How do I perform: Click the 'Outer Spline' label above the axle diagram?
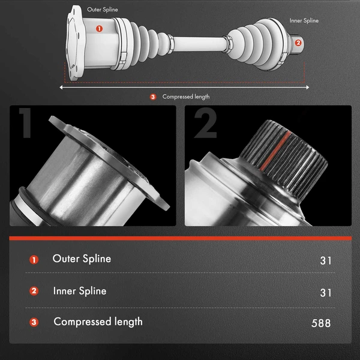coord(103,10)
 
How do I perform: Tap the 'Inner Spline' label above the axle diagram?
coord(304,20)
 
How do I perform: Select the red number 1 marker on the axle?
coord(99,29)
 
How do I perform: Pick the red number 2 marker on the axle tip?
coord(298,43)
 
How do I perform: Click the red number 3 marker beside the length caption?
coord(153,97)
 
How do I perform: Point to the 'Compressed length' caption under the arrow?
coord(186,97)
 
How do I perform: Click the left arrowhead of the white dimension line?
coord(61,87)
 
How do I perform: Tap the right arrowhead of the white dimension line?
coord(307,87)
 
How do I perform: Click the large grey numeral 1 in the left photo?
coord(26,123)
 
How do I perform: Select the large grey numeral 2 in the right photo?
coord(205,123)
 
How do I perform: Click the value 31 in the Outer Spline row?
coord(326,260)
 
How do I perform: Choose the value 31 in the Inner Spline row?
coord(326,293)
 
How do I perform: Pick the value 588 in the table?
coord(321,323)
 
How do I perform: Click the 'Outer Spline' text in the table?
coord(82,259)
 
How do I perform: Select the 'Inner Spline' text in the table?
coord(80,291)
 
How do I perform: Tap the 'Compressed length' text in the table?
coord(98,322)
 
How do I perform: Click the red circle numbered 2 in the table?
coord(34,291)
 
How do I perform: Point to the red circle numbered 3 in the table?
coord(34,322)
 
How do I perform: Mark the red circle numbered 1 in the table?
coord(34,260)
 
